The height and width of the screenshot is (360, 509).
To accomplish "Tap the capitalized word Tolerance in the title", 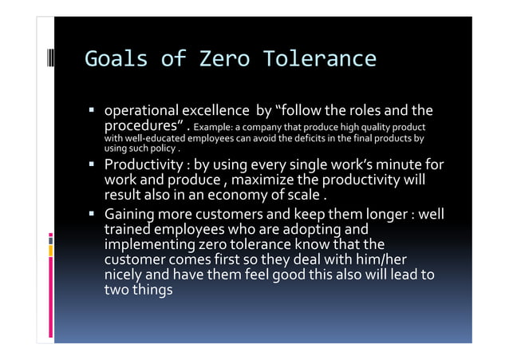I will tap(318, 60).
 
